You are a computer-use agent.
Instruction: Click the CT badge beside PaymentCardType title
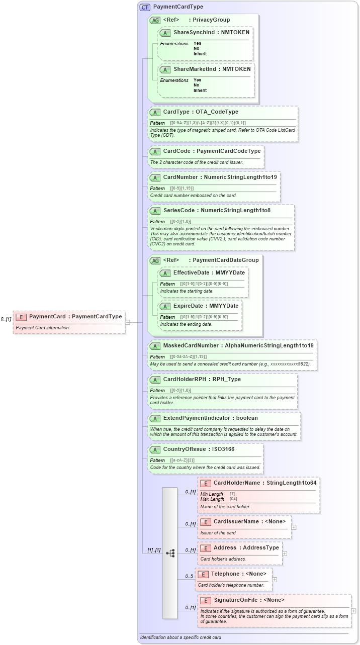click(x=145, y=7)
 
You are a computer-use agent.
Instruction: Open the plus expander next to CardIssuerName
click(x=294, y=527)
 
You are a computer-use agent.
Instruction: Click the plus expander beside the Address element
click(x=285, y=553)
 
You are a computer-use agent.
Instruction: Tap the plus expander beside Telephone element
click(x=275, y=579)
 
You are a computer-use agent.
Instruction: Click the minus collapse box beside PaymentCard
click(x=128, y=322)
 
